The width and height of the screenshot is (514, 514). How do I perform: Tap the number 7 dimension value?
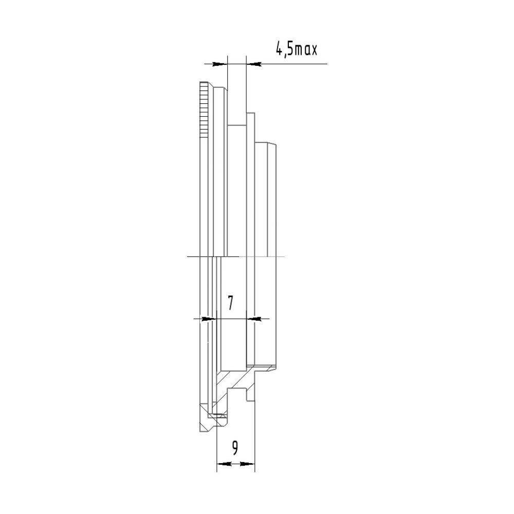click(x=231, y=303)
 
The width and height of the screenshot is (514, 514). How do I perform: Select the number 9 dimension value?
click(x=235, y=448)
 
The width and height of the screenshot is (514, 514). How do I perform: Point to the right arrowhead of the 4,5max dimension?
click(x=254, y=64)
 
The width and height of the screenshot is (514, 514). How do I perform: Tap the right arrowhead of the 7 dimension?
click(x=253, y=318)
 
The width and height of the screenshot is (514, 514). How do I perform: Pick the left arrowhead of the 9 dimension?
click(x=225, y=464)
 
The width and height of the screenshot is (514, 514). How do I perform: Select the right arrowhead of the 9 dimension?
click(x=247, y=464)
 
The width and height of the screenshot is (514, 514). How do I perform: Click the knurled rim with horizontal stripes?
click(x=204, y=110)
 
